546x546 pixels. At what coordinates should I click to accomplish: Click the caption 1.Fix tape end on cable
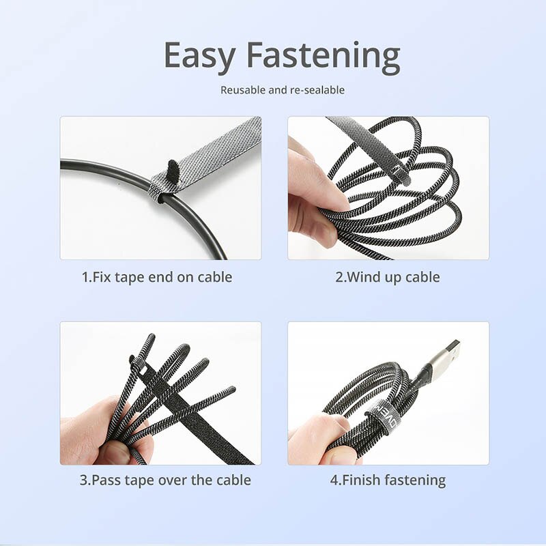click(157, 277)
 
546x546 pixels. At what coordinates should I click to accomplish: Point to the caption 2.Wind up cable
click(387, 277)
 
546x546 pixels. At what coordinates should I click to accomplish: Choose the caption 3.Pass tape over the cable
click(165, 480)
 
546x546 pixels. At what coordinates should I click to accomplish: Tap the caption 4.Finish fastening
click(388, 480)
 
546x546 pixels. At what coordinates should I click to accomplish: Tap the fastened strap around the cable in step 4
click(380, 415)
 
